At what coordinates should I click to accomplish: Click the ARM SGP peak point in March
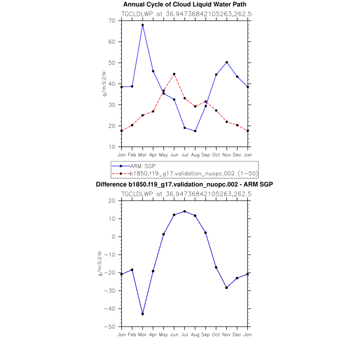142,25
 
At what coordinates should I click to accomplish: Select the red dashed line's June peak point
174,74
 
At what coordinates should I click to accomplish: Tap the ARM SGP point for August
195,131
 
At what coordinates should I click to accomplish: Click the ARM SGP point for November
227,62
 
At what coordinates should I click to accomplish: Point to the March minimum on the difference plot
142,314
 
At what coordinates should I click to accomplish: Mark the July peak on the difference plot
185,211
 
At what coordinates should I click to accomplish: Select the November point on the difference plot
227,287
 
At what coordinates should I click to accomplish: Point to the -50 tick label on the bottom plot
109,327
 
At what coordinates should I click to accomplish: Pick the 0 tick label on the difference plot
113,237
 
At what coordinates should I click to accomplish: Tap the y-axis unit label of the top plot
105,83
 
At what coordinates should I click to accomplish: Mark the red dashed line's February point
132,125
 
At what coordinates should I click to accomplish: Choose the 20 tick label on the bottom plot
112,201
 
